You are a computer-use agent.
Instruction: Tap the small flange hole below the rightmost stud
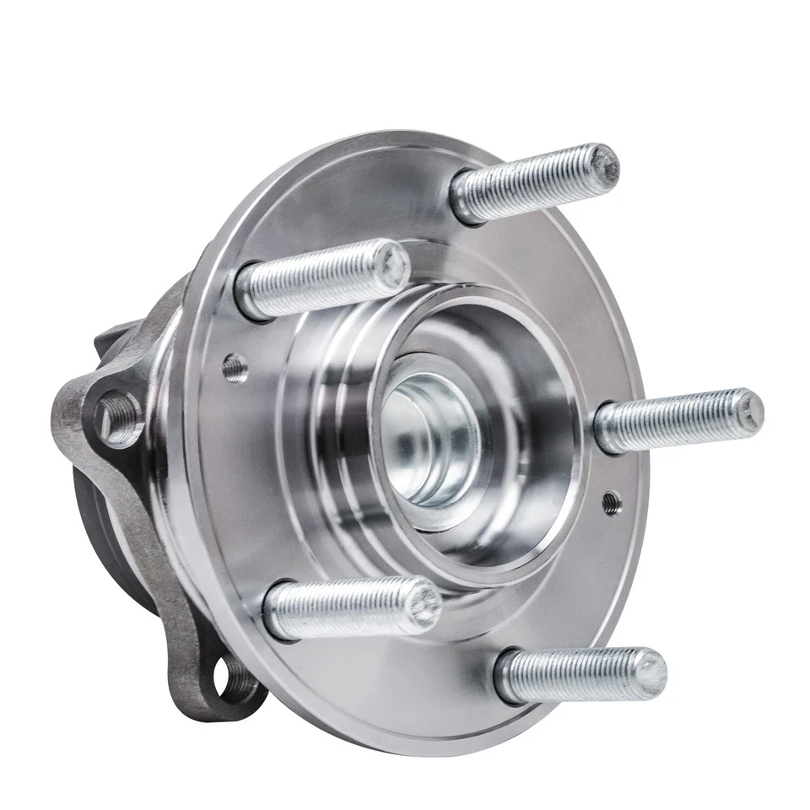[612, 504]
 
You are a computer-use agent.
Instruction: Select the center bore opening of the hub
[430, 439]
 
